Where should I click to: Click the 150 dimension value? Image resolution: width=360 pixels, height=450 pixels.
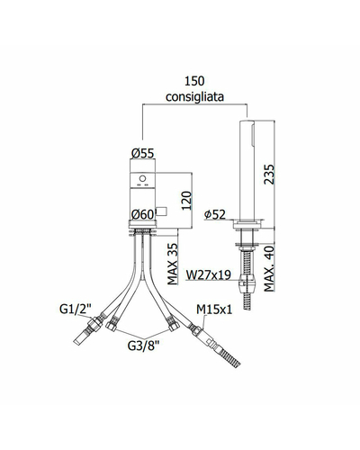[x=194, y=81]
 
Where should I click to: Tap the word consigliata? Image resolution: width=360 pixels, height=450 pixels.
[x=194, y=96]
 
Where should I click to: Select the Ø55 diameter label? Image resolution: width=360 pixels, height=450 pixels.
[x=142, y=153]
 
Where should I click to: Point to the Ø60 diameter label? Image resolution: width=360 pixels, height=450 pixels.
[x=142, y=214]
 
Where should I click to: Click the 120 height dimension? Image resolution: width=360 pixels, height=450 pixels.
[x=186, y=201]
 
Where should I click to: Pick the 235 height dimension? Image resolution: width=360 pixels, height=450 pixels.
[x=269, y=174]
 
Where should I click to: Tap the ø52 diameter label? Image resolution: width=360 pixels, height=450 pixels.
[x=214, y=214]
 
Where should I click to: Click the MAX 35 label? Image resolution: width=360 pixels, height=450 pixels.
[x=173, y=264]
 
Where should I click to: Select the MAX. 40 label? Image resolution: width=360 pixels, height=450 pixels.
[x=269, y=269]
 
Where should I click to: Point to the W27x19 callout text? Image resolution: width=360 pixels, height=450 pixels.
[x=209, y=274]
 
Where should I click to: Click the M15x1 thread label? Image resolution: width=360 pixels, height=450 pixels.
[x=214, y=310]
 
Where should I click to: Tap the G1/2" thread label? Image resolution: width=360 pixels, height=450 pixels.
[x=76, y=309]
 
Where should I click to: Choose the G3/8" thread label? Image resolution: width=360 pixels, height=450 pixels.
[x=143, y=346]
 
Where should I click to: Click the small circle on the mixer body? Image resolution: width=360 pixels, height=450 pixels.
[x=142, y=179]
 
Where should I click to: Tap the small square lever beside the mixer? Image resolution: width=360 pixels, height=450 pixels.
[x=161, y=211]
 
